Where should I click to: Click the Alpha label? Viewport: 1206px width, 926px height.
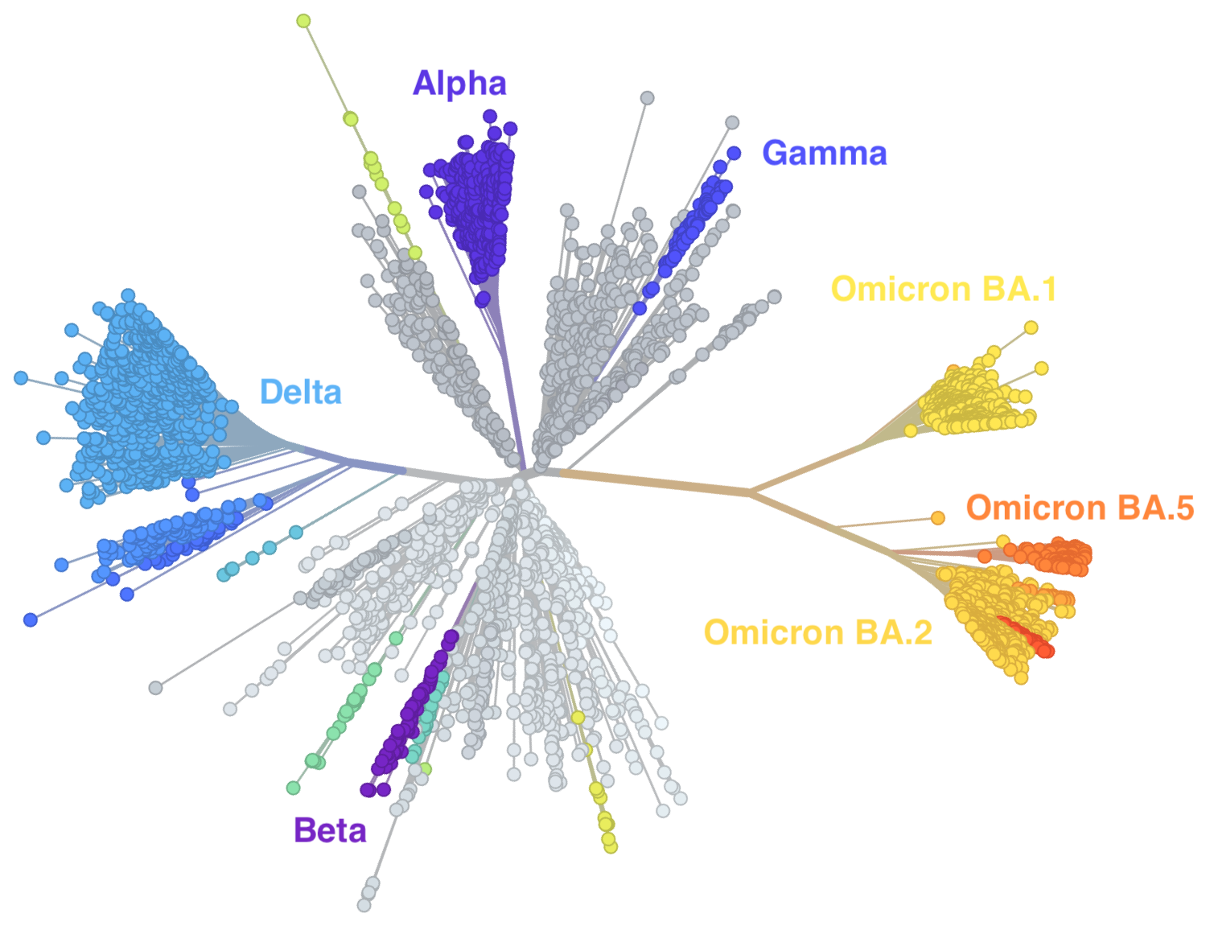pos(459,84)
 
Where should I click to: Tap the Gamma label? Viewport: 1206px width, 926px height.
pos(824,153)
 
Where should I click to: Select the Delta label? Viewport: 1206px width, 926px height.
pos(301,392)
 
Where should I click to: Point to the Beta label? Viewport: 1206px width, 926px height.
pos(330,829)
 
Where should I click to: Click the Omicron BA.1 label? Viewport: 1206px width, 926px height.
pos(943,288)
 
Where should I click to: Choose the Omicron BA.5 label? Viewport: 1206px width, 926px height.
pos(1080,508)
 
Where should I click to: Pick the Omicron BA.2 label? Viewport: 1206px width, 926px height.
pos(817,632)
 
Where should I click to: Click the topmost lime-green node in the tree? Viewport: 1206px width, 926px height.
pos(303,21)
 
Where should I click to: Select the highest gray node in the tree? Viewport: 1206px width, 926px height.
pos(647,98)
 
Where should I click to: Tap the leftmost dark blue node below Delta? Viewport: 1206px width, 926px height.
pos(31,619)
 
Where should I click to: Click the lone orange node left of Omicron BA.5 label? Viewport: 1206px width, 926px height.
pos(937,517)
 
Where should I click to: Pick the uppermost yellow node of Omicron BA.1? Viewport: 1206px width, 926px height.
pos(1031,327)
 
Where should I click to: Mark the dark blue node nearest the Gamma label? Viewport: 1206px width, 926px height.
pos(734,153)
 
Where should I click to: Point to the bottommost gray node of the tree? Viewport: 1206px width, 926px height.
pos(364,905)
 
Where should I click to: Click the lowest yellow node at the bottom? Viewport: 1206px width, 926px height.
pos(611,846)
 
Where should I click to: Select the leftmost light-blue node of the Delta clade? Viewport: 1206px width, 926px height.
pos(21,377)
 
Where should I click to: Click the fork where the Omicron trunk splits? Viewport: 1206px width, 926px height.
pos(751,491)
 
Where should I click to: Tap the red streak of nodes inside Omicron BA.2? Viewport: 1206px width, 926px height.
pos(1026,635)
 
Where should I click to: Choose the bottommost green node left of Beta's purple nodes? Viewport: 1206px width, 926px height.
pos(294,788)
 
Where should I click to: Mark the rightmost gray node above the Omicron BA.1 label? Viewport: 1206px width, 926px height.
pos(774,297)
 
